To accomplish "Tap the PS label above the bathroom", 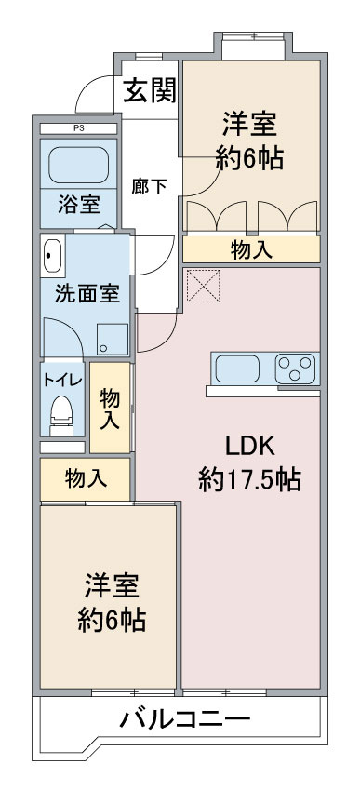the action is tap(78, 128).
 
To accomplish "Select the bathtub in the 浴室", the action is tap(78, 165).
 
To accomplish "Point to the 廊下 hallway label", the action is tap(149, 186).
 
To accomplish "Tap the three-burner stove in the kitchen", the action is tap(297, 369).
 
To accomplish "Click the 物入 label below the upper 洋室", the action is tap(251, 249).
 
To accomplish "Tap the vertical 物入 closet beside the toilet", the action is tap(110, 408).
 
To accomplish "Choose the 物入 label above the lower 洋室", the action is tap(86, 479).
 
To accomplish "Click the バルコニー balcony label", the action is tap(185, 721).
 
